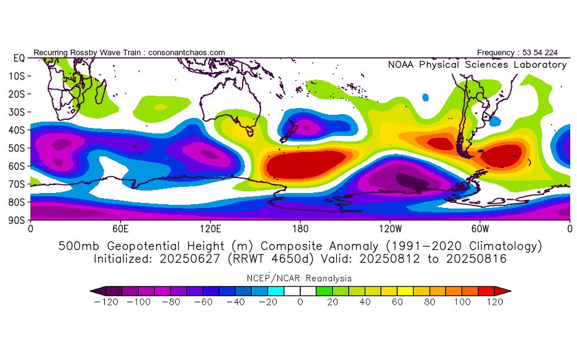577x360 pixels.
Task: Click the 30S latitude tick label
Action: click(17, 112)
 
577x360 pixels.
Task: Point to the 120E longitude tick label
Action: click(210, 229)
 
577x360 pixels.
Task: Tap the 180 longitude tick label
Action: click(300, 229)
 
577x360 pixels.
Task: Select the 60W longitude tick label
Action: click(480, 229)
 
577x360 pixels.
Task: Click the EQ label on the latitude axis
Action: click(19, 58)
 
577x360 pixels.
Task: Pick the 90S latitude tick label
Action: click(17, 220)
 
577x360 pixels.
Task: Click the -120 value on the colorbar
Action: click(106, 302)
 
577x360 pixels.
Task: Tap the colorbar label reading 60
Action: click(397, 302)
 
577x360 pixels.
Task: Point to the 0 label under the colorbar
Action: click(300, 302)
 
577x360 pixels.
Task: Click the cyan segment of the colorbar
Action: click(275, 291)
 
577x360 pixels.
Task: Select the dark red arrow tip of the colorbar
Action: click(503, 291)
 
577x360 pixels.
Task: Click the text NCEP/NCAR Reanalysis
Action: click(299, 278)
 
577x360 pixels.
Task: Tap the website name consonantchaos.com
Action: click(187, 53)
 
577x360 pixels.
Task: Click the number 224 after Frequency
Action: click(551, 53)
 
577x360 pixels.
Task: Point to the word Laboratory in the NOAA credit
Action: click(540, 65)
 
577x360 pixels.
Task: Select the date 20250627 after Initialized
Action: click(189, 259)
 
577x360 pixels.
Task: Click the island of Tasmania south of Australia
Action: click(250, 132)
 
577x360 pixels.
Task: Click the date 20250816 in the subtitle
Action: click(476, 259)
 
